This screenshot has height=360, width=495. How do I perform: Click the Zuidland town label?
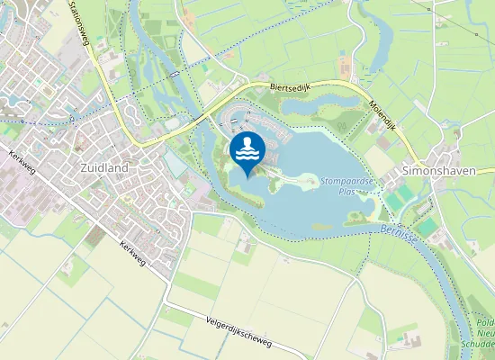tap(103, 167)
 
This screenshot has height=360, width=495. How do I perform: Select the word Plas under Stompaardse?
tap(347, 191)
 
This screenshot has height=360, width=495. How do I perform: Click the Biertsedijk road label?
tap(290, 87)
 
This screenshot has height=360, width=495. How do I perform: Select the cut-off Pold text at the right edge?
tap(485, 321)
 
